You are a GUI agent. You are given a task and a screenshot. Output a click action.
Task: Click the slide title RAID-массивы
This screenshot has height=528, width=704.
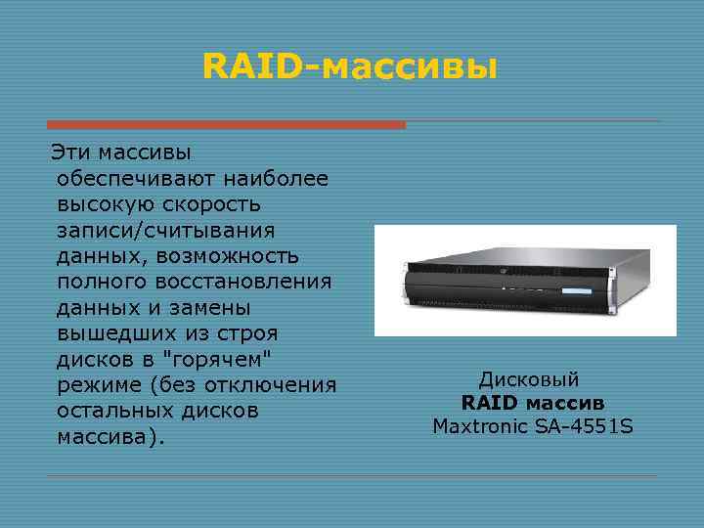coord(349,67)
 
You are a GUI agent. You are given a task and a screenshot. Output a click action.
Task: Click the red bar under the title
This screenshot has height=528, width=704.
coord(226,125)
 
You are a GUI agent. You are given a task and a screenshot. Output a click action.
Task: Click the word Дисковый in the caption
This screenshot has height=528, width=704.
coord(529,379)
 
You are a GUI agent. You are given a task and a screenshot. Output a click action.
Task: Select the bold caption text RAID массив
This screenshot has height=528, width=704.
coord(533,403)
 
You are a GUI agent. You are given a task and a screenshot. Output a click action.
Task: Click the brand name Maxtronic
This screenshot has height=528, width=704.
coord(476,426)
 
